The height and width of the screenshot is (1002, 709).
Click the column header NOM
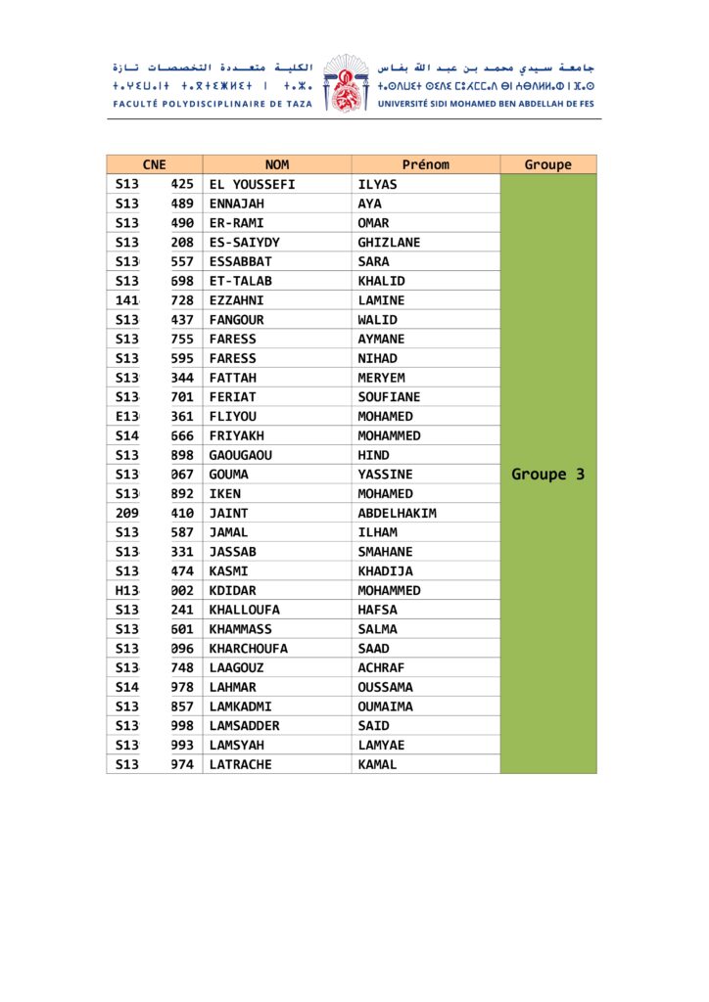point(277,164)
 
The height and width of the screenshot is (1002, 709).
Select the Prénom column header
point(425,164)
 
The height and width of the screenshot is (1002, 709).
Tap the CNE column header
point(154,164)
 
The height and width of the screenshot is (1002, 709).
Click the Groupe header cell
point(547,164)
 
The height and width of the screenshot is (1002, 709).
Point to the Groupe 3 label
point(547,475)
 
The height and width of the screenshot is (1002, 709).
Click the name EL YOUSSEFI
point(252,184)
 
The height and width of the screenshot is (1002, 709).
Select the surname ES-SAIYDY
point(244,242)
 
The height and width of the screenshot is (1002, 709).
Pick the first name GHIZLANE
point(389,242)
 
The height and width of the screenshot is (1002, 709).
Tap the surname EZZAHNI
point(236,300)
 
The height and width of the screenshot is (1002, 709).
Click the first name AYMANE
point(381,339)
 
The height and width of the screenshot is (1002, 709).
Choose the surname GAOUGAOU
point(241,455)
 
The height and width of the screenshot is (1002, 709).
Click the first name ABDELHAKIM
point(397,513)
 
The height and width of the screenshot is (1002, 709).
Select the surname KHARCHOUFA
point(248,648)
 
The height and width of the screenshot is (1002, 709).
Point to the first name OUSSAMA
point(385,687)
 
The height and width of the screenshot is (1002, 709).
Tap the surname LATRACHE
point(240,764)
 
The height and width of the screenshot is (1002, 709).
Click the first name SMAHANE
point(385,552)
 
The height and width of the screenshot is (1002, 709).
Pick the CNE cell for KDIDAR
point(154,590)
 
